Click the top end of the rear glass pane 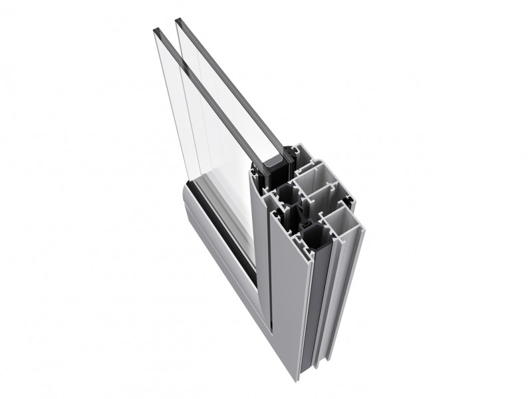point(178,21)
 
